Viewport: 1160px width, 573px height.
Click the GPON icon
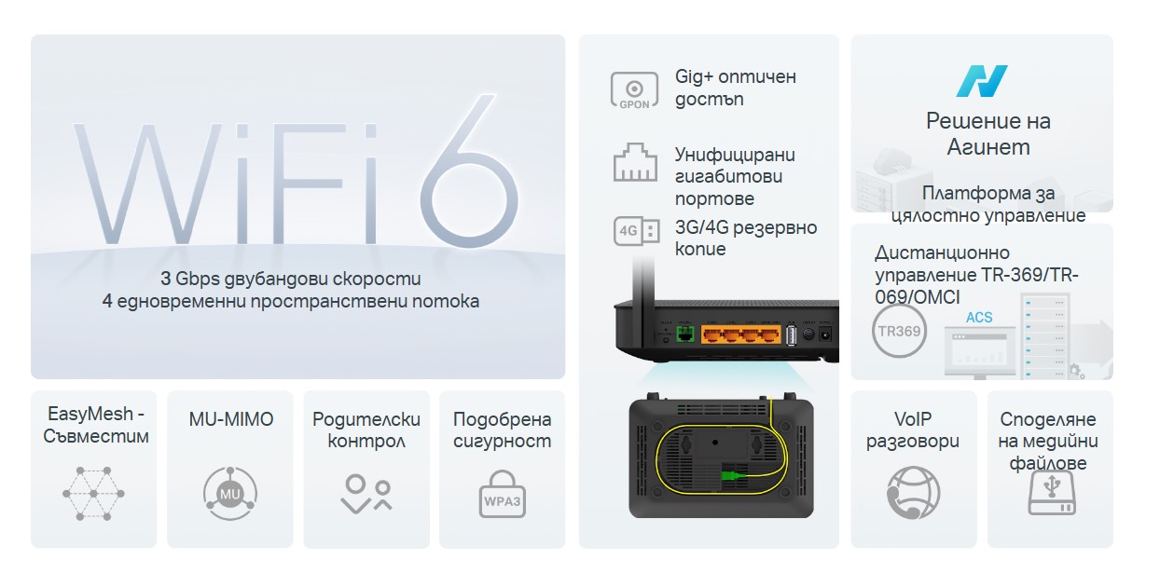point(634,90)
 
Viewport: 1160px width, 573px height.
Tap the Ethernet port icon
point(635,162)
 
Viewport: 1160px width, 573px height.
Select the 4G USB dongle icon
point(637,231)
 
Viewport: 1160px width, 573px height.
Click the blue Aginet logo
point(981,81)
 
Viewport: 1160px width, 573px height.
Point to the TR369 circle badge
point(899,332)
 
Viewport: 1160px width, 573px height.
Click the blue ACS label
point(979,318)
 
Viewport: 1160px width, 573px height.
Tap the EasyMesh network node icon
point(93,493)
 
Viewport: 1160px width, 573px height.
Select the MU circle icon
point(230,493)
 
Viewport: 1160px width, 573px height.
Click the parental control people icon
point(366,495)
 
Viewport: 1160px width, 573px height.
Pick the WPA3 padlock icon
point(502,494)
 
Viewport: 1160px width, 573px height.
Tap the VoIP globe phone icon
point(913,493)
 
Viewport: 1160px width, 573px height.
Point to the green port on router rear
point(685,334)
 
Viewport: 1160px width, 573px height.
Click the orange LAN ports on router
point(741,334)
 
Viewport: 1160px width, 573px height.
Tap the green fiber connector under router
point(732,476)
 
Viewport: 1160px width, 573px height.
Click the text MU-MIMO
point(231,419)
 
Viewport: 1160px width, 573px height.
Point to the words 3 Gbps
point(190,279)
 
